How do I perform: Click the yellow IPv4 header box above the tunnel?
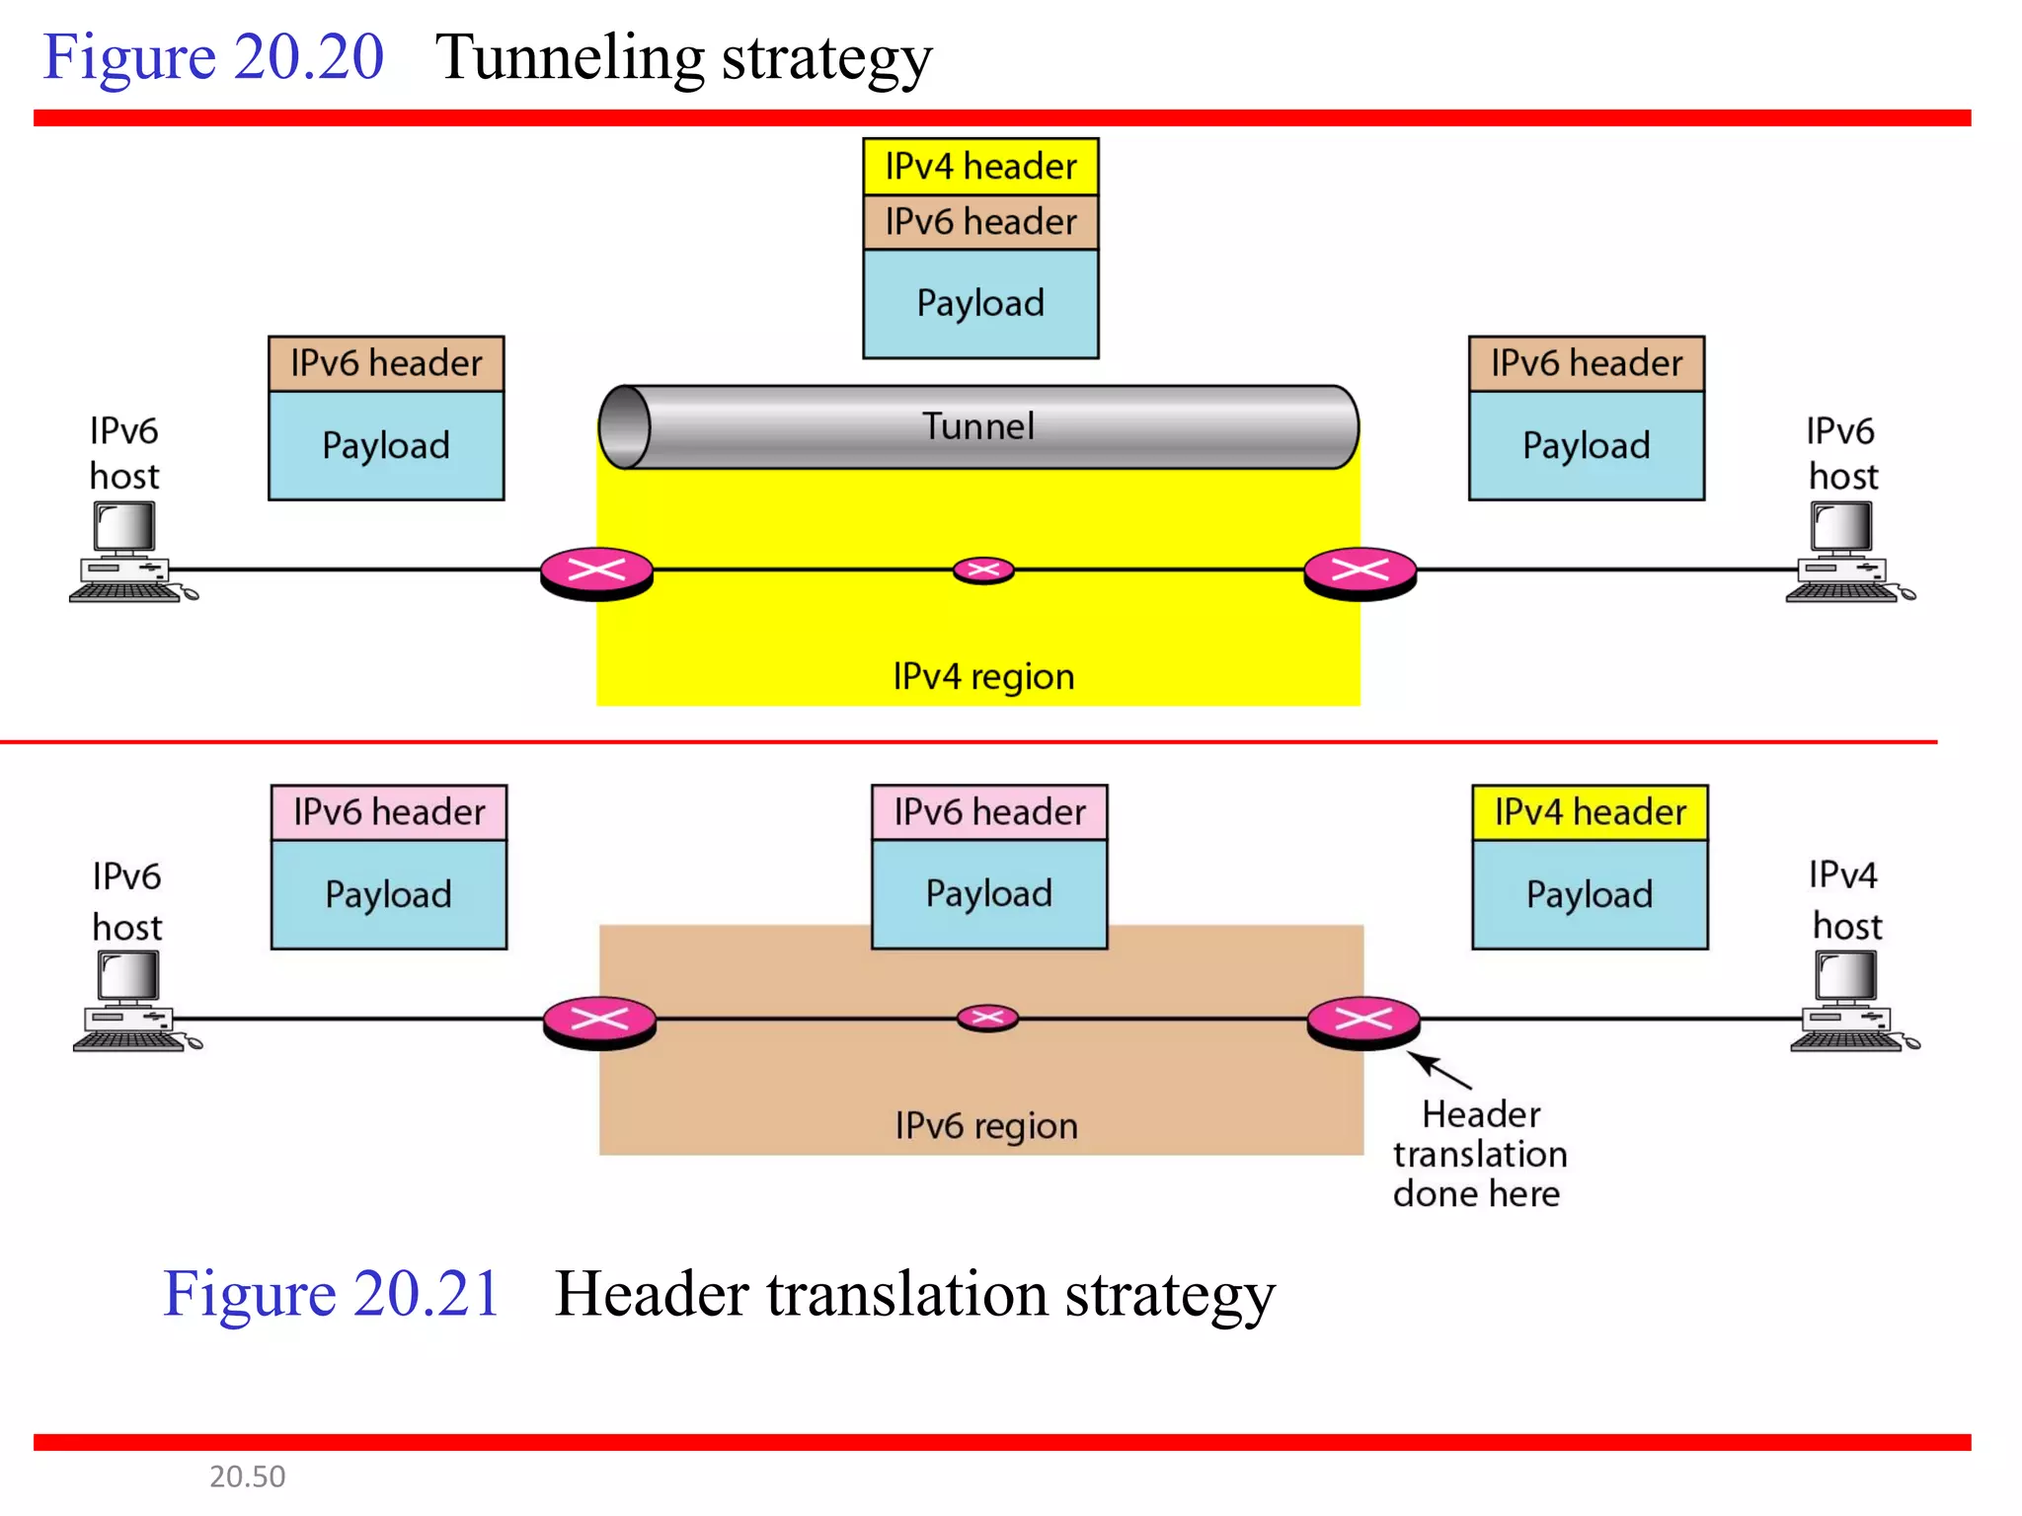(x=979, y=166)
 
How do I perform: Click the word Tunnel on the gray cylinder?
(x=977, y=426)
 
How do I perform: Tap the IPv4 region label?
(x=983, y=676)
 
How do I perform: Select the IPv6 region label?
(x=985, y=1125)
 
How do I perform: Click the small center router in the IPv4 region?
(x=983, y=569)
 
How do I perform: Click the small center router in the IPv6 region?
(x=987, y=1018)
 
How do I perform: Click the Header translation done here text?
(x=1479, y=1154)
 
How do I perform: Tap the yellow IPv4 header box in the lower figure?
(x=1589, y=812)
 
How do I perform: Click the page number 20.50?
(x=247, y=1476)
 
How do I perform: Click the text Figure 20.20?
(x=213, y=56)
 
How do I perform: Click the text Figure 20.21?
(x=332, y=1293)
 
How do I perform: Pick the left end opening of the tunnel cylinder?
(x=624, y=427)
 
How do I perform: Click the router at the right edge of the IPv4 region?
(x=1360, y=572)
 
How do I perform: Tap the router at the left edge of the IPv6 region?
(x=599, y=1021)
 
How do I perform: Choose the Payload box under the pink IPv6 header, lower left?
(x=388, y=894)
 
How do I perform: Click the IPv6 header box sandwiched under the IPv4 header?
(x=979, y=222)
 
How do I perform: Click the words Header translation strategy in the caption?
(x=914, y=1293)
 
